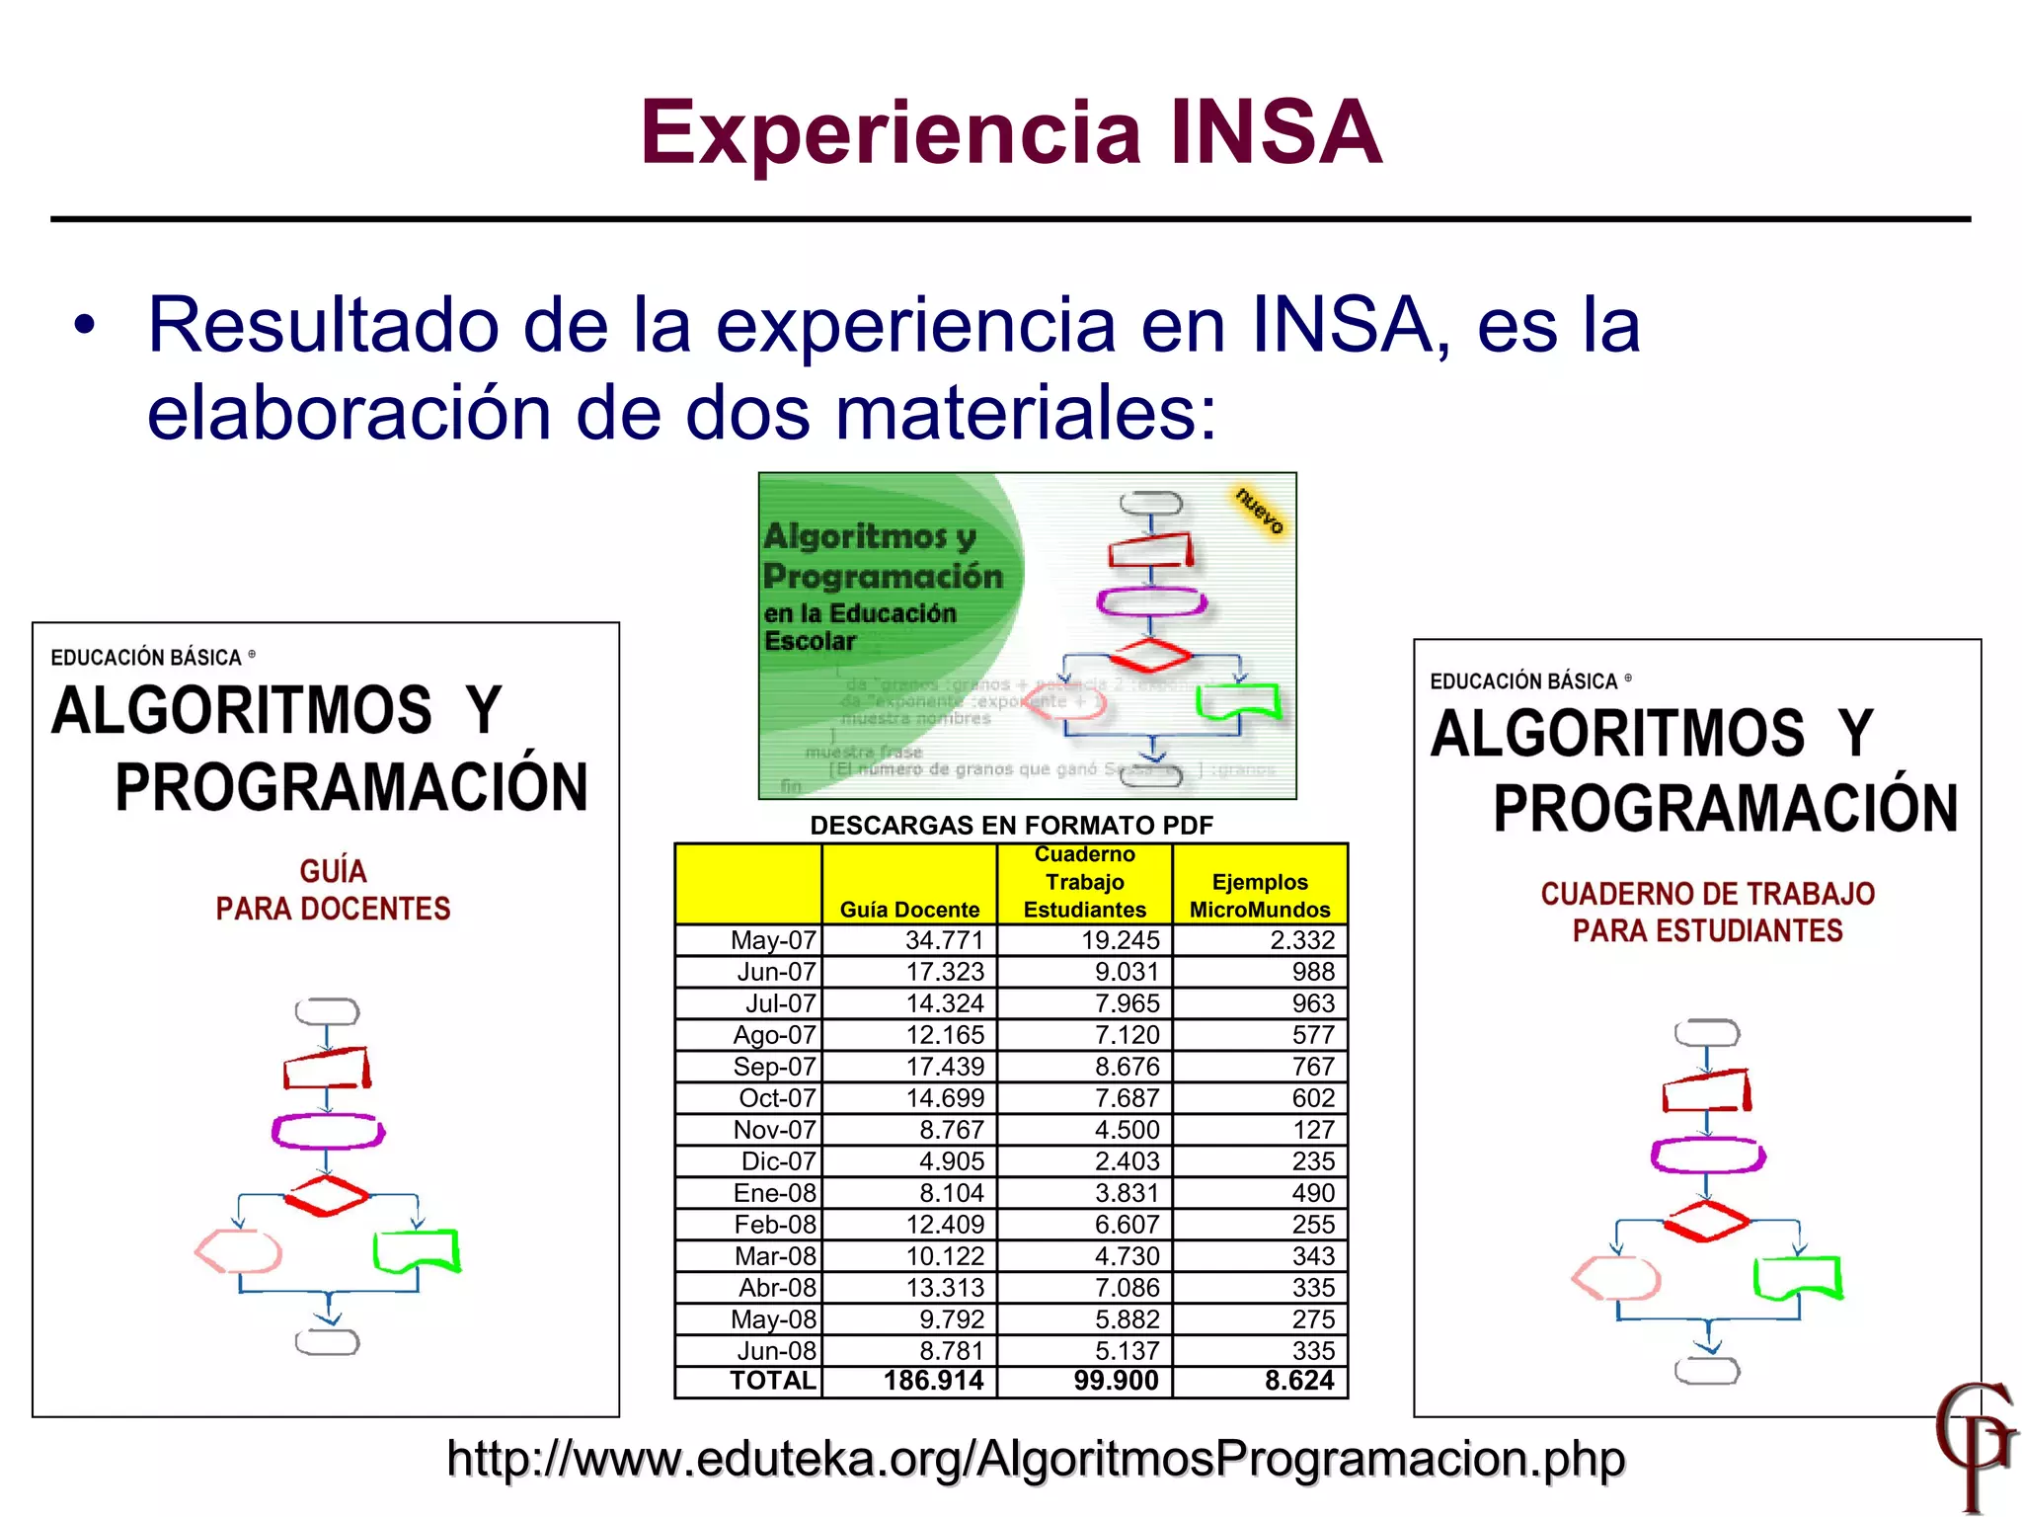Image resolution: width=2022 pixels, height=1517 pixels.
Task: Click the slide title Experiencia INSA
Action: [x=1011, y=133]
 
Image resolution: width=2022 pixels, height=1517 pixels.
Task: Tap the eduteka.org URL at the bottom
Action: [x=1035, y=1459]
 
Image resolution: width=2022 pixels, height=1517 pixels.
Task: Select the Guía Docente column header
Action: [x=909, y=909]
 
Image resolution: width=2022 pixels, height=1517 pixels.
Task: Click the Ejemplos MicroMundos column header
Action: [x=1260, y=895]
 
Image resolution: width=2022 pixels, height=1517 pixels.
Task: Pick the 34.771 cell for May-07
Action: [x=944, y=940]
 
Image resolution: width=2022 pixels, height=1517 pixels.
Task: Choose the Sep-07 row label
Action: [x=774, y=1067]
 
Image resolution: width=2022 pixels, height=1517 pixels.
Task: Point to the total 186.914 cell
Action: [x=933, y=1381]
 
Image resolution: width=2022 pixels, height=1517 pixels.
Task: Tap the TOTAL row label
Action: [x=773, y=1381]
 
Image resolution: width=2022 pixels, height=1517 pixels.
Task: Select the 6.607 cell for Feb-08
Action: [x=1127, y=1225]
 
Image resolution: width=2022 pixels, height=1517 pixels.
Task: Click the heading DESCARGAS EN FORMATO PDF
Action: [x=1011, y=826]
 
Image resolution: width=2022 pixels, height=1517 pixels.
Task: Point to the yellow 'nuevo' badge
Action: [x=1260, y=510]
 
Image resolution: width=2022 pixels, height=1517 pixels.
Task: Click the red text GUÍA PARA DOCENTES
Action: [x=333, y=890]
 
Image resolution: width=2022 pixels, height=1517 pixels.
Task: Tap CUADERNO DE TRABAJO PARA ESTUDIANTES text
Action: [x=1707, y=912]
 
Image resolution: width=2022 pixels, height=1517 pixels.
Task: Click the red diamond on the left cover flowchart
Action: [x=326, y=1196]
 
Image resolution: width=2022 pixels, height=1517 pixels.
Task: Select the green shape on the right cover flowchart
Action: [x=1797, y=1278]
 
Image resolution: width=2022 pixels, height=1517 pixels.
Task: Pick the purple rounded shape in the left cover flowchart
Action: [x=328, y=1132]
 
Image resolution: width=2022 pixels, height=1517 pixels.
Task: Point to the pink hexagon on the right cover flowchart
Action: [x=1615, y=1278]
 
